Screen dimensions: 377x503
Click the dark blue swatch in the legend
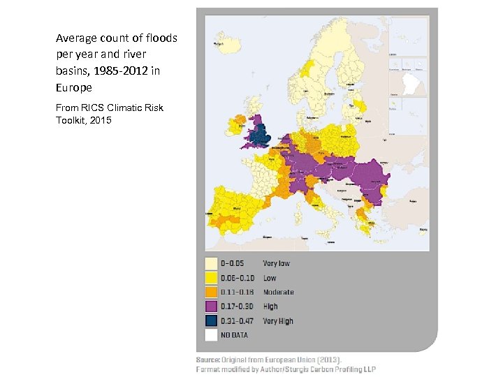point(211,321)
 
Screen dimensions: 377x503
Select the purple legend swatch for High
point(211,306)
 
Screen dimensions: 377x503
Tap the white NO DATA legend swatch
point(211,335)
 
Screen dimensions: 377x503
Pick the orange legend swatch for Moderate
point(211,292)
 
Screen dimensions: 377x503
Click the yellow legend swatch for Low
point(211,278)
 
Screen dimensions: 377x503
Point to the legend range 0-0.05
point(233,264)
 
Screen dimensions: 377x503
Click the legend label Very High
point(277,321)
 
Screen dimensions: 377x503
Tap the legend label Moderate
point(278,292)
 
